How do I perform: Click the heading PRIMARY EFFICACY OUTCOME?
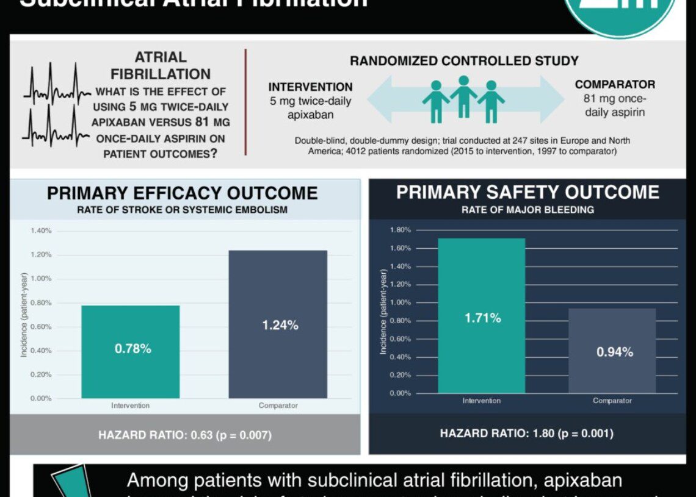pyautogui.click(x=183, y=193)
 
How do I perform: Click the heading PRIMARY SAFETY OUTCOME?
pyautogui.click(x=527, y=192)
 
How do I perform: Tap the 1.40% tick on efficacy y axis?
pyautogui.click(x=41, y=231)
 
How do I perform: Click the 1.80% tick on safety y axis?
pyautogui.click(x=400, y=230)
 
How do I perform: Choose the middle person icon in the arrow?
pyautogui.click(x=463, y=98)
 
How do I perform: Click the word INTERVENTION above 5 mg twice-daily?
pyautogui.click(x=311, y=87)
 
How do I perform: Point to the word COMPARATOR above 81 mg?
pyautogui.click(x=615, y=85)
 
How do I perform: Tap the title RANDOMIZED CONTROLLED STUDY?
pyautogui.click(x=464, y=61)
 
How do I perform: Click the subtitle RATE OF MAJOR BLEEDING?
pyautogui.click(x=527, y=210)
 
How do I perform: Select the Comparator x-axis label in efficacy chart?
pyautogui.click(x=278, y=406)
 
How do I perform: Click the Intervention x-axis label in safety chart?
pyautogui.click(x=481, y=401)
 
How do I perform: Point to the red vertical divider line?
pyautogui.click(x=245, y=102)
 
